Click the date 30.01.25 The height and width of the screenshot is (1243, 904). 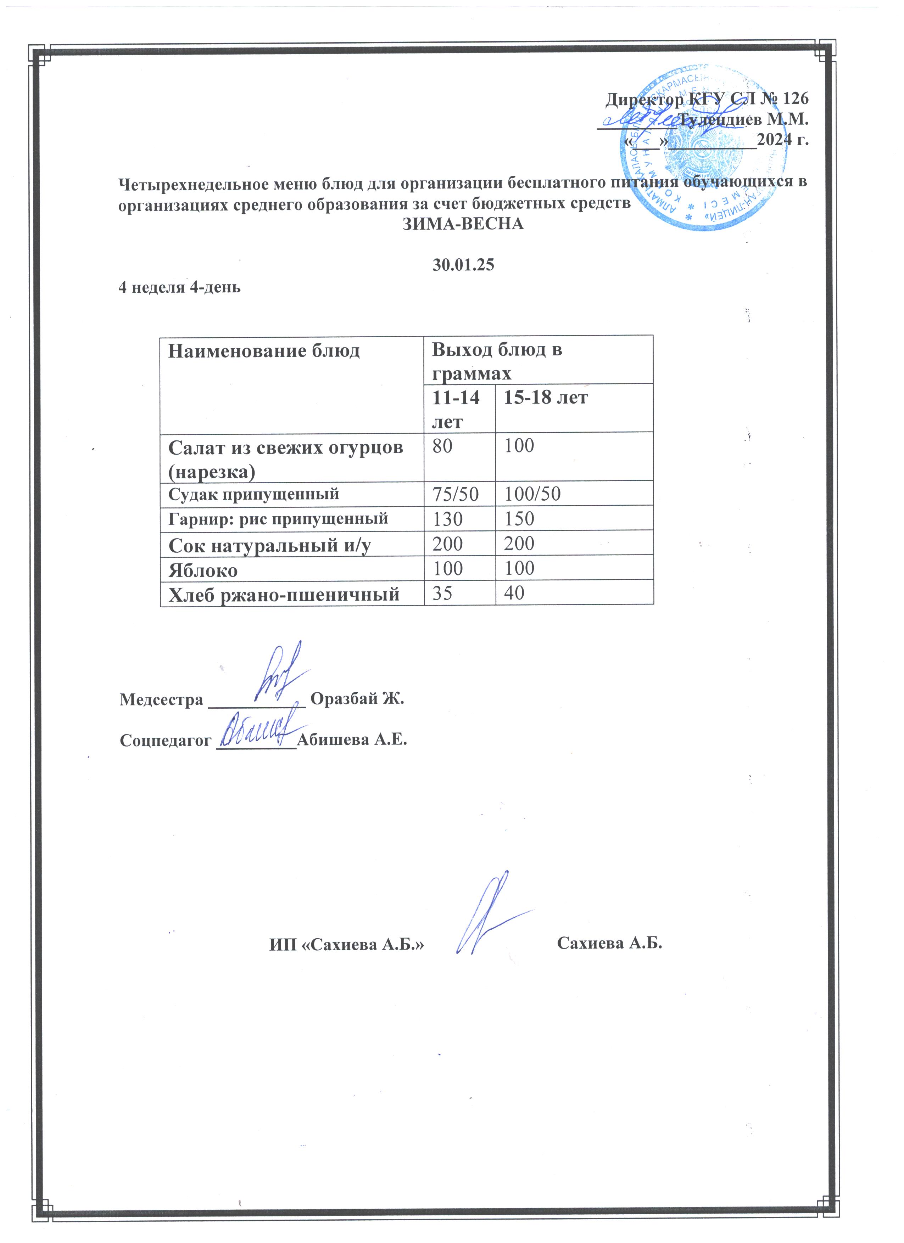(463, 265)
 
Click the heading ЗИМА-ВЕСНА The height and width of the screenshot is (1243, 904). (463, 224)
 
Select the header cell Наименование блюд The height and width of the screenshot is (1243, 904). (264, 351)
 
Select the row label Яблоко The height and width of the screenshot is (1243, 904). (203, 570)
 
